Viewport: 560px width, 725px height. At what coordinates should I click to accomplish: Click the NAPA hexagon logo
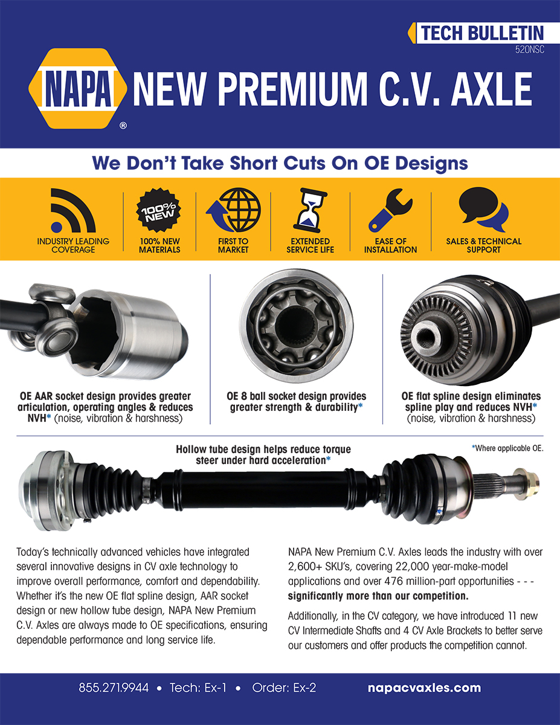click(78, 88)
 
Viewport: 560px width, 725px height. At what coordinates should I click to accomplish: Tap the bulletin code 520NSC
click(529, 50)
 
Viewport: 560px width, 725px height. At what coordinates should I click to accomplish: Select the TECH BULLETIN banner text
click(482, 33)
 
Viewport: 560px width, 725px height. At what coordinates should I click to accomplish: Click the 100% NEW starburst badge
click(158, 210)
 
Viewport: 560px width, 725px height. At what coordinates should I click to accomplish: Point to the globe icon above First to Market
click(234, 210)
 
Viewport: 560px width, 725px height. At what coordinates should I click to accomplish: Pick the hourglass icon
click(310, 210)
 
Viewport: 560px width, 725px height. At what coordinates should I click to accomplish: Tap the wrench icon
click(391, 210)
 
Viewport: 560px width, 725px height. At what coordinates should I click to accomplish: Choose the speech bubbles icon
click(484, 210)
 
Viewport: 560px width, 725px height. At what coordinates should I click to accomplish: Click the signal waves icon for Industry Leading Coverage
click(73, 210)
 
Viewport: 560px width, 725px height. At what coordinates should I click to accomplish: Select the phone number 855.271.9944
click(114, 688)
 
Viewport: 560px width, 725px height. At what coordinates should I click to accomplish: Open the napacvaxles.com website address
click(424, 688)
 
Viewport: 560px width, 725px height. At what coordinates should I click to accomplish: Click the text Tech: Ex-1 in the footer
click(198, 688)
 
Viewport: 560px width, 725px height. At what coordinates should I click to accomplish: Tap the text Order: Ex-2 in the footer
click(284, 688)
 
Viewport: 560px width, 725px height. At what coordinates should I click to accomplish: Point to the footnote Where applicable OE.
click(507, 448)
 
